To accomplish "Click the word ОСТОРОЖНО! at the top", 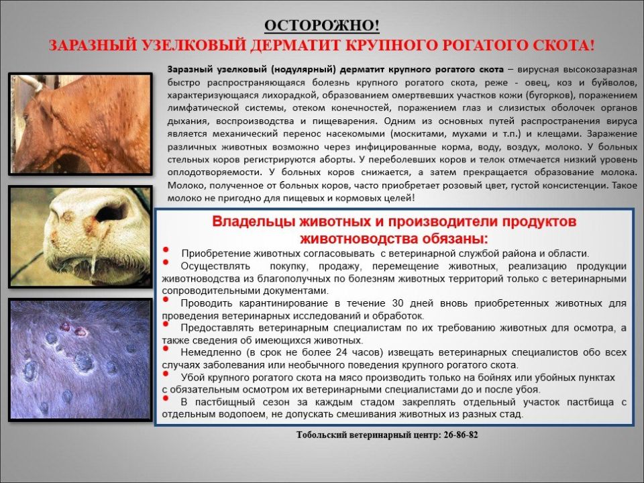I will click(x=321, y=26).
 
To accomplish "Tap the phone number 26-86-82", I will click(x=461, y=435).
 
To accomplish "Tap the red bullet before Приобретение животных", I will click(x=168, y=250).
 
